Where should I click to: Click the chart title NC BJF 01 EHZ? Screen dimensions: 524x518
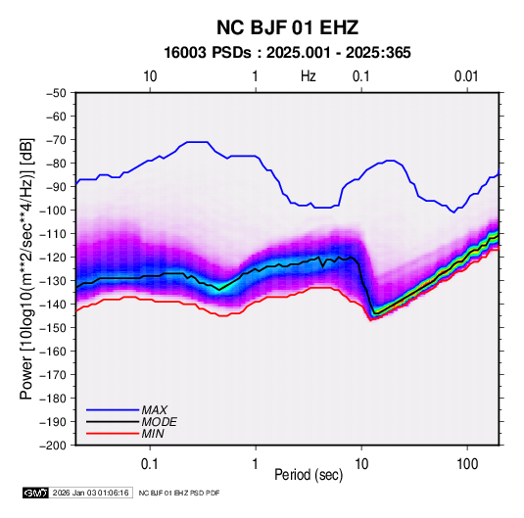tap(287, 27)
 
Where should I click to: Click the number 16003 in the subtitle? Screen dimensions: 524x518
tap(185, 53)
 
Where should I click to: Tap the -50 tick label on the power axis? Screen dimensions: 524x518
tap(56, 93)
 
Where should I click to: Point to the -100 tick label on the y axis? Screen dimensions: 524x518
tap(53, 211)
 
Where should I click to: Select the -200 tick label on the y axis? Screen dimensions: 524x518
tap(53, 446)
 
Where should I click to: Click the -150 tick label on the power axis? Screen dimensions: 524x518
tap(53, 327)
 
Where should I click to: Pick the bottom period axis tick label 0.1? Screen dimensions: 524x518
tap(150, 464)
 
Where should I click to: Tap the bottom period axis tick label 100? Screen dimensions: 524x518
tap(467, 464)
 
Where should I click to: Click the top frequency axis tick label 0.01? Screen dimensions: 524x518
tap(466, 76)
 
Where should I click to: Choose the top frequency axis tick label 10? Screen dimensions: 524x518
tap(150, 76)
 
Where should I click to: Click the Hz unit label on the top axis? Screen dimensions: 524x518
tap(309, 76)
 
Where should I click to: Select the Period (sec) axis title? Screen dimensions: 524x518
tap(309, 475)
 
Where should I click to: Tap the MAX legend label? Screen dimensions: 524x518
tap(155, 409)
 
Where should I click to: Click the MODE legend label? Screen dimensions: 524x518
tap(159, 422)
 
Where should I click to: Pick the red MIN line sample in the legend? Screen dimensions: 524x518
tap(113, 434)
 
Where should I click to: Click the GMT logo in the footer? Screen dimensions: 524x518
tap(35, 493)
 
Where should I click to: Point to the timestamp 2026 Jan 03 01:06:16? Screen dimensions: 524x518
tap(90, 493)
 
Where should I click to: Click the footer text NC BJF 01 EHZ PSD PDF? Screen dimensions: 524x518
tap(179, 493)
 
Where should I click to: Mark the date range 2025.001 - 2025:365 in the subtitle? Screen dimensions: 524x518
tap(338, 53)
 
